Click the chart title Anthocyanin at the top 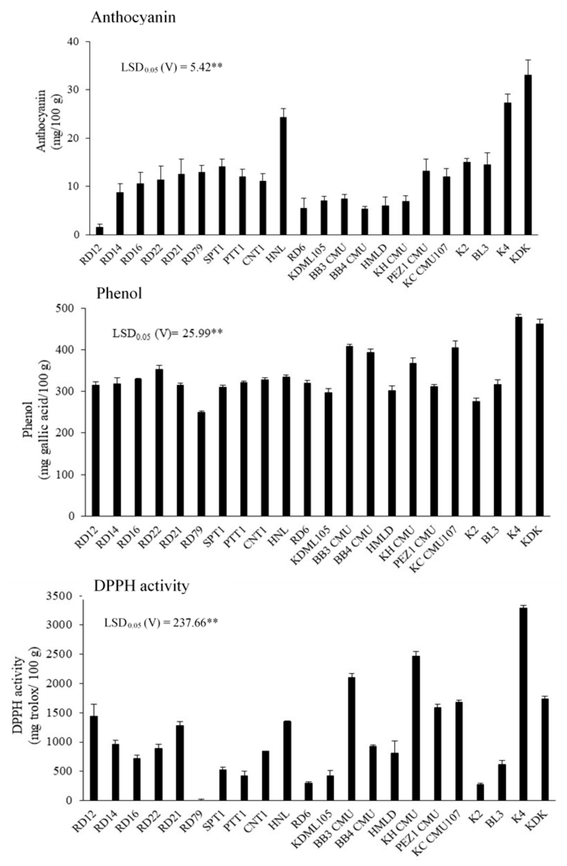tap(133, 17)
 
